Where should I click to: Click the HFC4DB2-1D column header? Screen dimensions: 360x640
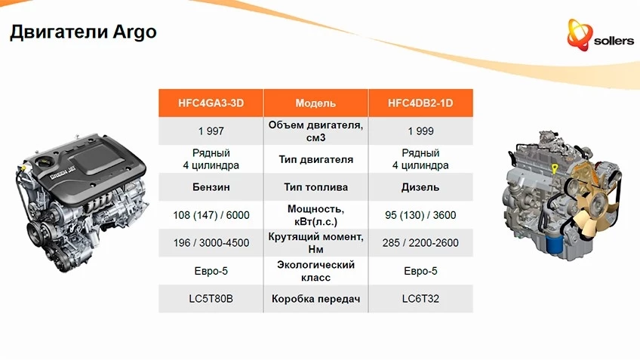point(420,103)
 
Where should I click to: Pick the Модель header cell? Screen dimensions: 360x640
point(315,103)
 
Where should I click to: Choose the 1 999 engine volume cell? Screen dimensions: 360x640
point(420,131)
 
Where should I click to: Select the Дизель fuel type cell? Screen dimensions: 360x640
point(420,187)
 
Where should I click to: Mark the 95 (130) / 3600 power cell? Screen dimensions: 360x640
point(420,215)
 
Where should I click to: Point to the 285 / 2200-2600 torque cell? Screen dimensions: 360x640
point(420,243)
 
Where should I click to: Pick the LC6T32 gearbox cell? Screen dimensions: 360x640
point(420,299)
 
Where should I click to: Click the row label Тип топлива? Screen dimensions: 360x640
point(315,187)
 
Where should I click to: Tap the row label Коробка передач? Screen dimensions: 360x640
point(315,299)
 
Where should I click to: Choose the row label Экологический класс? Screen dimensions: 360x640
point(315,271)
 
